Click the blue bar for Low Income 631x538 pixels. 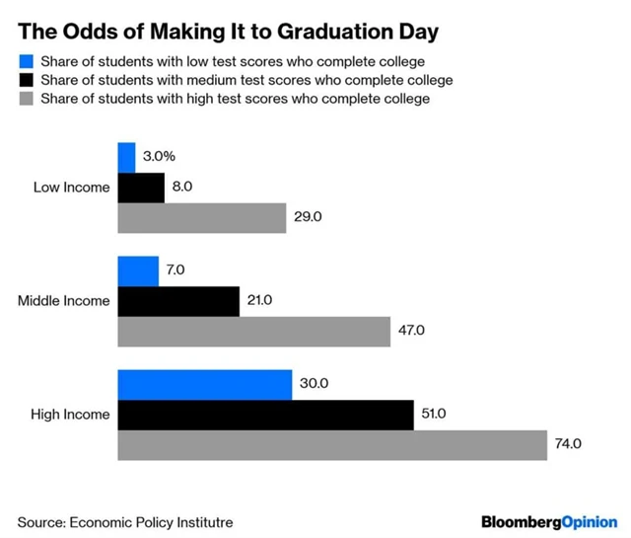[126, 158]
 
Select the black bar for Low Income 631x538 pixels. [141, 188]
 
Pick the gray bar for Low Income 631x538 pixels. [202, 217]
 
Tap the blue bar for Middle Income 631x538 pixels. [138, 271]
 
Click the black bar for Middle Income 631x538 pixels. [178, 301]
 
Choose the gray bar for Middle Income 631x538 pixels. [254, 331]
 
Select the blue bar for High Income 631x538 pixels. [205, 385]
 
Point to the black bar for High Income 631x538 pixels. [266, 415]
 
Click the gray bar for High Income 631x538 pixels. [332, 444]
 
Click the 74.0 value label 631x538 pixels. [568, 444]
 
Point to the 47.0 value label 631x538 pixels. [410, 331]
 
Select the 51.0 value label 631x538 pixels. [434, 415]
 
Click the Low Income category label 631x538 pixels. [72, 188]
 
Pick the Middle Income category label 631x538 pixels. [64, 301]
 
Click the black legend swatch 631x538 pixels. [27, 80]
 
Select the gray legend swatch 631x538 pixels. [27, 99]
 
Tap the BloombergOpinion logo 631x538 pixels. [549, 520]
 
